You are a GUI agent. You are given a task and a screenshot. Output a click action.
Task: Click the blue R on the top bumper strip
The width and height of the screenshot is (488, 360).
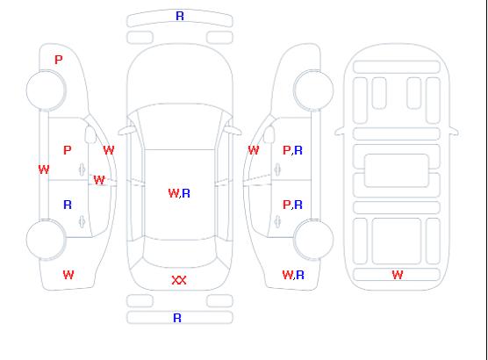tap(180, 16)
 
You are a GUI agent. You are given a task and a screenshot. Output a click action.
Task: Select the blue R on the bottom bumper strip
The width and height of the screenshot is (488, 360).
tap(177, 318)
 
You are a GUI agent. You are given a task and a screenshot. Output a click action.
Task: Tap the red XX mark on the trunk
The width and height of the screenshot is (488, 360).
tap(179, 280)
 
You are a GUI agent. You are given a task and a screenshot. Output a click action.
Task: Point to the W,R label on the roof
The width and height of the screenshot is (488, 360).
tap(179, 193)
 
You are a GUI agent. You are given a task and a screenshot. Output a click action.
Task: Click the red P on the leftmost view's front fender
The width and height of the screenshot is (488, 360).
tap(59, 60)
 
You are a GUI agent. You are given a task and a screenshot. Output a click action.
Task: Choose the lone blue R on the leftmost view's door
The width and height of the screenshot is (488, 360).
tap(68, 205)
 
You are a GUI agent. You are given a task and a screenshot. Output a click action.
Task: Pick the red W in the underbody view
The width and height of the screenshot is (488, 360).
tap(398, 275)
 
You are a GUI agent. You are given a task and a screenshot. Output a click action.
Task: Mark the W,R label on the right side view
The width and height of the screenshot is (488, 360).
tap(293, 275)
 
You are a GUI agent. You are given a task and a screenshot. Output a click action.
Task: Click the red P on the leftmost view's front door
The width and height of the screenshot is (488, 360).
tap(68, 150)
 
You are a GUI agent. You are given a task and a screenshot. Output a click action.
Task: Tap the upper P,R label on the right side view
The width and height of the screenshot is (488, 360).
tap(292, 150)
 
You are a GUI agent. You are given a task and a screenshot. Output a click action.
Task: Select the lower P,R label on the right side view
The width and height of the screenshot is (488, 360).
tap(292, 205)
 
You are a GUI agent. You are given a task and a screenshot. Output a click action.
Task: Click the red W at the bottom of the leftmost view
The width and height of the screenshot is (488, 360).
tap(68, 275)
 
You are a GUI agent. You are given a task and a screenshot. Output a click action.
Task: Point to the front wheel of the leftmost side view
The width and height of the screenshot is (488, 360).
tap(46, 90)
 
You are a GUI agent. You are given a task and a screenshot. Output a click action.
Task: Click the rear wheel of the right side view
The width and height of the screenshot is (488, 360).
tap(313, 239)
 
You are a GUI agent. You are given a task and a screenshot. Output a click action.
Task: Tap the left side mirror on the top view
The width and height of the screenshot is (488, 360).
tap(126, 131)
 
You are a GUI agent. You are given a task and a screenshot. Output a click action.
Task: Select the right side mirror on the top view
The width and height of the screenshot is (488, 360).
tap(233, 131)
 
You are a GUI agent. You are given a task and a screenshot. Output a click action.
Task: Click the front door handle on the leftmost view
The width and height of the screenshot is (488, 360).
tap(82, 169)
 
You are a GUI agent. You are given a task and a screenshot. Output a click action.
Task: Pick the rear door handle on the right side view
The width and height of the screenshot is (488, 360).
tap(277, 221)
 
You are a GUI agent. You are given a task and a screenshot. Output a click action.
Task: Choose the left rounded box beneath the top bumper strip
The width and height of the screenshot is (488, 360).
tap(140, 38)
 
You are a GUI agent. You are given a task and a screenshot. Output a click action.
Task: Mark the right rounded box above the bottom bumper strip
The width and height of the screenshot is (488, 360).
tap(219, 301)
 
